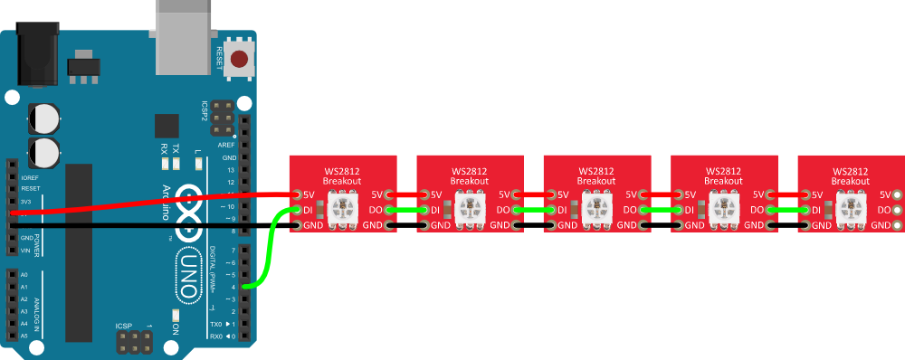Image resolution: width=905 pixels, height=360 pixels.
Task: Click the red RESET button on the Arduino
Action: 240,61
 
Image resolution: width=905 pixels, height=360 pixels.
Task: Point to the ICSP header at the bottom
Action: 134,341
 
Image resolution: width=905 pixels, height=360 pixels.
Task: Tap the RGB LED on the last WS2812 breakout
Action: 852,211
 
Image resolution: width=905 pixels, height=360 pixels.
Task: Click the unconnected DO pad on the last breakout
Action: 897,210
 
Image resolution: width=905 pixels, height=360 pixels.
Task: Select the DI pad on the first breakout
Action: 297,210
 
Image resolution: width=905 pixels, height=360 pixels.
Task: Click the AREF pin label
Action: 226,145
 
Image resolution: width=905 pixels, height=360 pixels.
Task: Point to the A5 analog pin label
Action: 24,336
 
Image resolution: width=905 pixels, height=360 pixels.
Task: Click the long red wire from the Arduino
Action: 145,204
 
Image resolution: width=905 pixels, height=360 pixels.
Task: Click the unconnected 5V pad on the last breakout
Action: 897,194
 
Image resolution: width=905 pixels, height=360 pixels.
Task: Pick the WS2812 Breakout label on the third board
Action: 595,175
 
